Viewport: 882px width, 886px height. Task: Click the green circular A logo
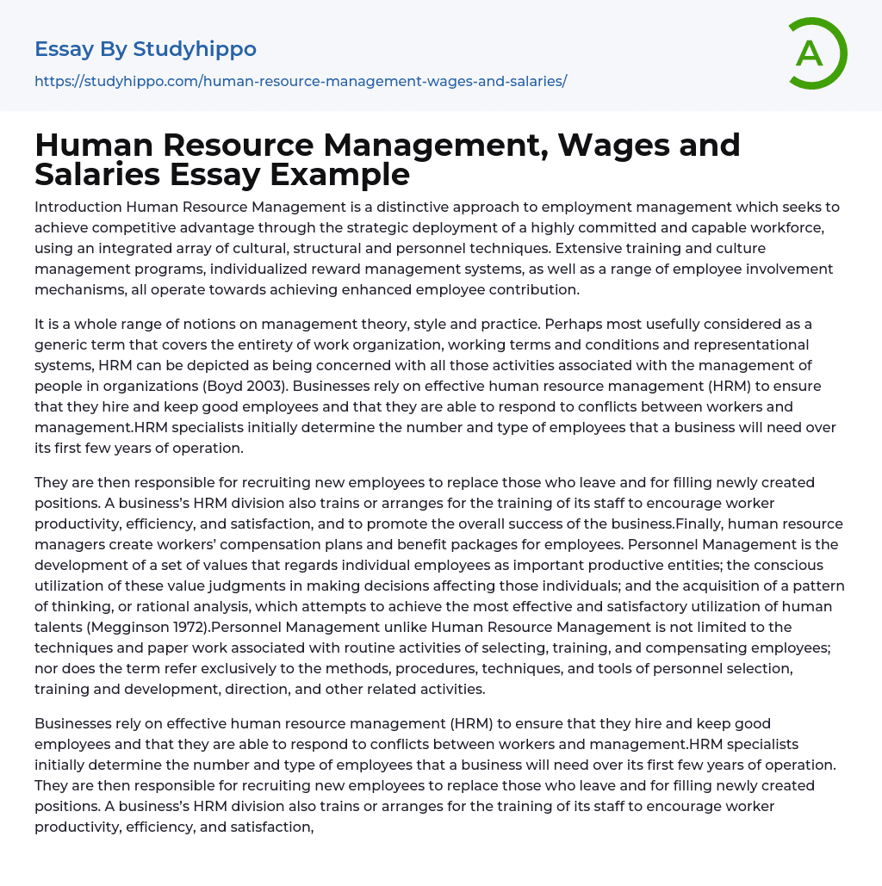(x=817, y=53)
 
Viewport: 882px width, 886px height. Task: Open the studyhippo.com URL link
(x=301, y=81)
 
